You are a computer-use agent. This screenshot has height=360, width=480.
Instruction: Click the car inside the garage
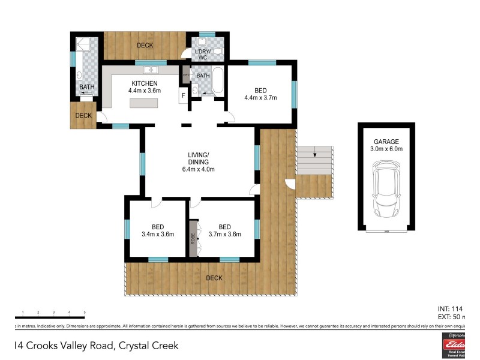tap(385, 191)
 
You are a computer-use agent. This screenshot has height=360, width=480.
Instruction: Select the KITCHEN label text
tap(145, 83)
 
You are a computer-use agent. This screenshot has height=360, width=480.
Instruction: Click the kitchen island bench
tap(145, 103)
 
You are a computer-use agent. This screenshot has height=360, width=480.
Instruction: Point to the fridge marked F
tap(183, 97)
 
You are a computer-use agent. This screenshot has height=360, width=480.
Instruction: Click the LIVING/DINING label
tap(198, 158)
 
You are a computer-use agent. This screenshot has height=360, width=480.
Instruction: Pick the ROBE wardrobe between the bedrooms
tap(193, 238)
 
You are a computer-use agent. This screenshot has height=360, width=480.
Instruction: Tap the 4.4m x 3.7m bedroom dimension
tap(260, 98)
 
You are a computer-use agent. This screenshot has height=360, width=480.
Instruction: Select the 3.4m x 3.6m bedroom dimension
tap(158, 235)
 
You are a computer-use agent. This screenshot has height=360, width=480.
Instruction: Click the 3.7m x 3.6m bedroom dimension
tap(224, 235)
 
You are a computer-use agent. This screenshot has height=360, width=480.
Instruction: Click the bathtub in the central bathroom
tap(217, 81)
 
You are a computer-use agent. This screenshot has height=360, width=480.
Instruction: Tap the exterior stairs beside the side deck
tap(315, 160)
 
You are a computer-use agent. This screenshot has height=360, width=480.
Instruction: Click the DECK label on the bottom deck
tap(214, 278)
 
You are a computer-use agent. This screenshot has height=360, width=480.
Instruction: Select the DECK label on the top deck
tap(145, 46)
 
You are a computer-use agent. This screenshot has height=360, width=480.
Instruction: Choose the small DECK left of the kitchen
tap(83, 116)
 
